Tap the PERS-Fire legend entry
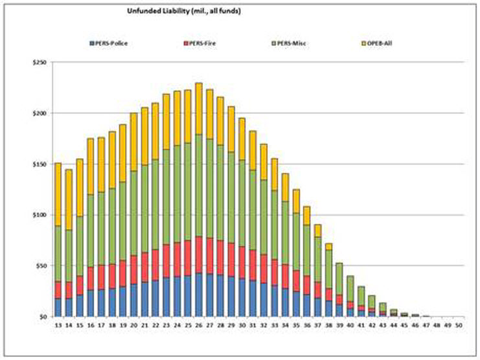pos(202,43)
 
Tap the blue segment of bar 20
pos(133,300)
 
